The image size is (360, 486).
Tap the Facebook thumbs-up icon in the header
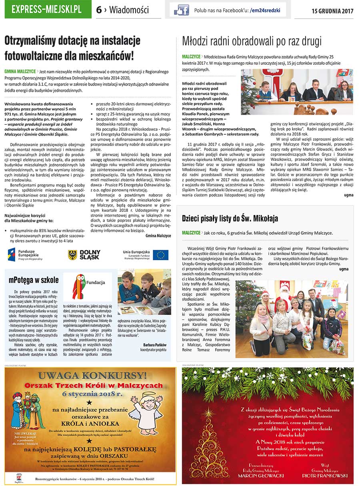(181, 10)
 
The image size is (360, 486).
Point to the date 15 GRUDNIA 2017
(332, 11)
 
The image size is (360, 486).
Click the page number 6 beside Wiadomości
(99, 10)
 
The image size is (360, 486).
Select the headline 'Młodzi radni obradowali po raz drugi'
(252, 41)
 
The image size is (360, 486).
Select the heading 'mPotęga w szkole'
(34, 280)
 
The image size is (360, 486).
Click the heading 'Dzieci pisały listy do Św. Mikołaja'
(230, 218)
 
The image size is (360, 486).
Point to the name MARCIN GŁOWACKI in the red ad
(261, 476)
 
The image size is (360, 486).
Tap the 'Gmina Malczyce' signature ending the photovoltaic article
(158, 236)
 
